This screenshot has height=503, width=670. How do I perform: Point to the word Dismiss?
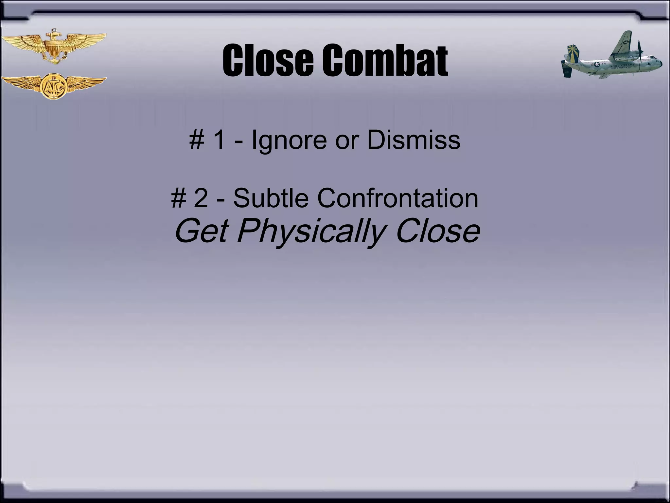[x=414, y=140]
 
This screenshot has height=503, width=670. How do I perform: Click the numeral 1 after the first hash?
[x=219, y=140]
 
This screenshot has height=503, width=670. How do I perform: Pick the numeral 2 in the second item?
[x=201, y=198]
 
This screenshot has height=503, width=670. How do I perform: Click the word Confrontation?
[x=397, y=198]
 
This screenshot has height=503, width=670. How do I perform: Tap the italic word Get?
[x=201, y=231]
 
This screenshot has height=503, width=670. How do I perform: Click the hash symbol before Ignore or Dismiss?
[x=197, y=140]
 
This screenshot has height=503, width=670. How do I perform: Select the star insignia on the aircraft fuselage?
[x=596, y=65]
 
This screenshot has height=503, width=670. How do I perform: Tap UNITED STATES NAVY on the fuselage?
[x=621, y=65]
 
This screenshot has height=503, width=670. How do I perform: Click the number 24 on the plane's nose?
[x=658, y=61]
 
